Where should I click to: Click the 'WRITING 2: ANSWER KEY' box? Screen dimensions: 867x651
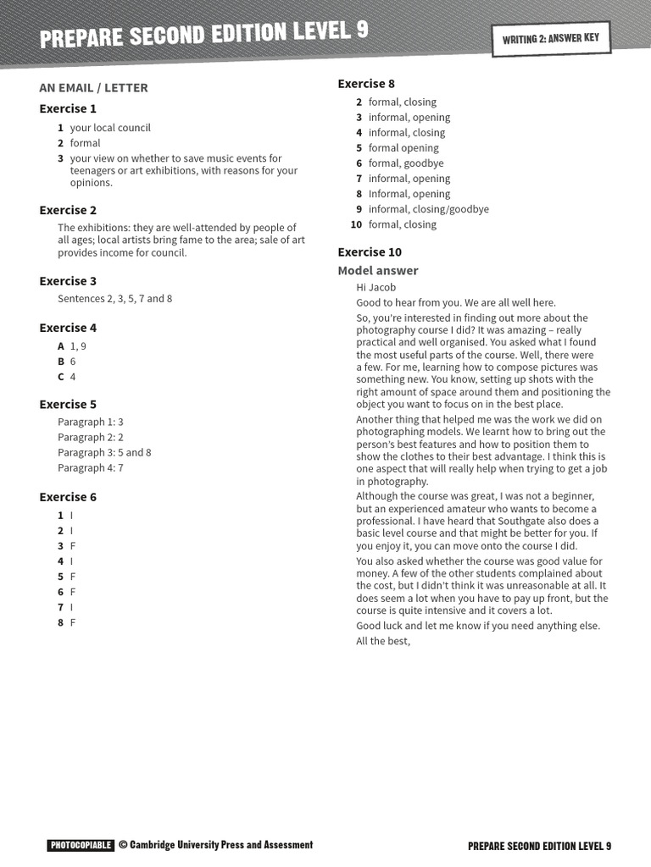click(x=550, y=39)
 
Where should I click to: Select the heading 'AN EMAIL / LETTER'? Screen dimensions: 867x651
click(x=93, y=87)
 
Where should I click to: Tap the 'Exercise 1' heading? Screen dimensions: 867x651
click(x=68, y=108)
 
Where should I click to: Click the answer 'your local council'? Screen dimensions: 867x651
click(x=110, y=128)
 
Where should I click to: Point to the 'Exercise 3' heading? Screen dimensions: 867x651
click(x=68, y=281)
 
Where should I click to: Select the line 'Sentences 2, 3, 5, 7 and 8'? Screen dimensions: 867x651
click(x=114, y=299)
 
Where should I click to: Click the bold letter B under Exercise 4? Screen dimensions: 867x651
click(x=61, y=362)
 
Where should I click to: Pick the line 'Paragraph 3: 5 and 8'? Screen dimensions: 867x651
click(x=104, y=452)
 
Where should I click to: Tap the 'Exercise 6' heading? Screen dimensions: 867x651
click(x=68, y=497)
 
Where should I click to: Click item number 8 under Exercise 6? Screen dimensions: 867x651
click(x=61, y=622)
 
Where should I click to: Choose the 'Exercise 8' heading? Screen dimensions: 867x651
click(x=366, y=84)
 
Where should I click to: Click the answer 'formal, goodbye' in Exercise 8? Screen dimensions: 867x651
click(x=406, y=163)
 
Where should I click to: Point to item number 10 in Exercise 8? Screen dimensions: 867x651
click(x=356, y=224)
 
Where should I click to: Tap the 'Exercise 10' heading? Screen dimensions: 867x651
click(x=370, y=252)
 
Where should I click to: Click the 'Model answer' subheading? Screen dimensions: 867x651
click(x=378, y=271)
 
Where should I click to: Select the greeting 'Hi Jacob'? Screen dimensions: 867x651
click(x=376, y=287)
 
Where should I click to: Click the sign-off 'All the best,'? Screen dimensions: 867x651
click(x=383, y=641)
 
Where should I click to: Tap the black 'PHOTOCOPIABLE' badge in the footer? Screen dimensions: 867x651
click(x=81, y=845)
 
